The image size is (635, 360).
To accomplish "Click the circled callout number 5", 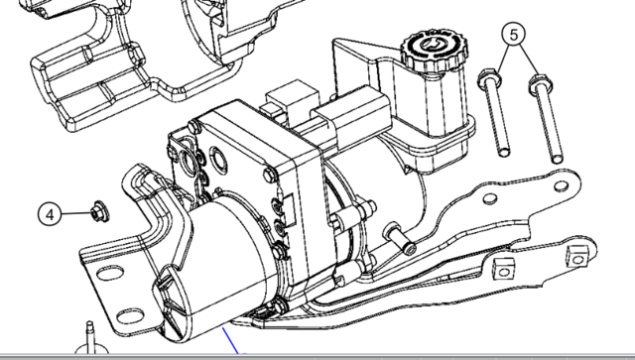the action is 514,35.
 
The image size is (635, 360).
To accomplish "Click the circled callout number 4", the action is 50,214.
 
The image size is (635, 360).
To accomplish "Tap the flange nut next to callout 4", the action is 99,211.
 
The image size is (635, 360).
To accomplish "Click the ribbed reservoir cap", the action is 435,50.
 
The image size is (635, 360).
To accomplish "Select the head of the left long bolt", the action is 489,78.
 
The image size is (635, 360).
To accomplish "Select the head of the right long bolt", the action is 541,84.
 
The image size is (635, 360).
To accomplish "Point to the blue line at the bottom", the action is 231,341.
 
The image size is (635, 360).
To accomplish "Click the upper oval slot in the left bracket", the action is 110,274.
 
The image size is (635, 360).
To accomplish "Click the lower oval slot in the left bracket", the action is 130,316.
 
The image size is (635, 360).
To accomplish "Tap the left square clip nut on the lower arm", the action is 504,269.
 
